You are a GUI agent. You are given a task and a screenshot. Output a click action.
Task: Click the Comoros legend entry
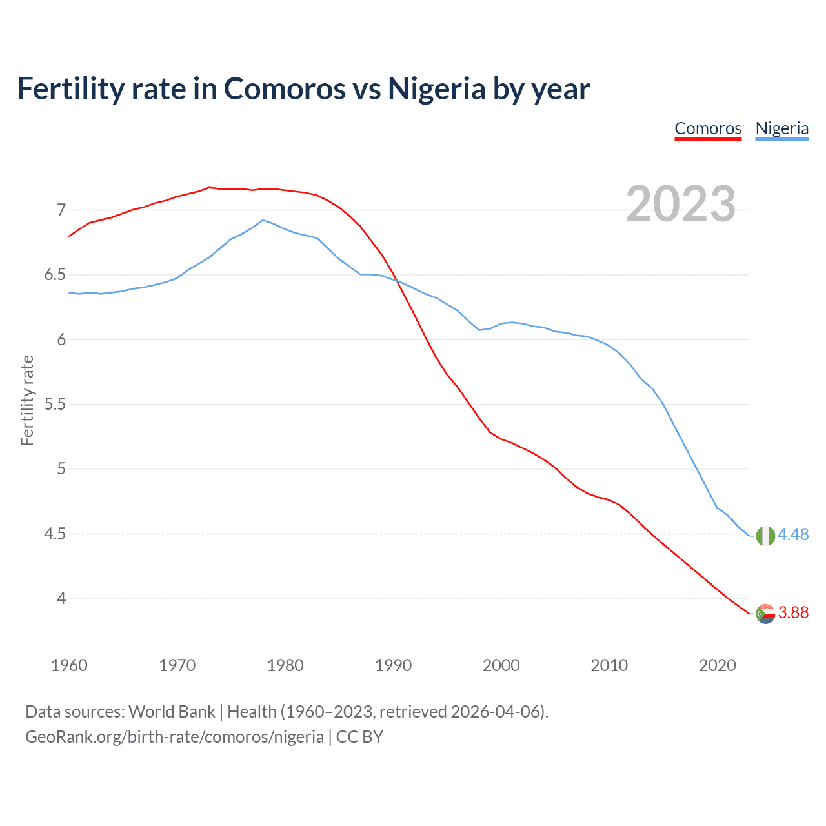(x=708, y=128)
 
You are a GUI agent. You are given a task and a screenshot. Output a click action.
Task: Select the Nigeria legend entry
(x=781, y=128)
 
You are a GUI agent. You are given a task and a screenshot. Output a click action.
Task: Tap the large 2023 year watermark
(x=681, y=204)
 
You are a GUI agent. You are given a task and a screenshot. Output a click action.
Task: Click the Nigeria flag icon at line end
(x=765, y=536)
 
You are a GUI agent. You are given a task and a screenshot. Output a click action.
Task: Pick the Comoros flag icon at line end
(x=765, y=614)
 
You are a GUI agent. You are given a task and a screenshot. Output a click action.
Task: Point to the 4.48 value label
(x=793, y=534)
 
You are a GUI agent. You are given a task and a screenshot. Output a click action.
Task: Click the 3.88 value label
(x=793, y=612)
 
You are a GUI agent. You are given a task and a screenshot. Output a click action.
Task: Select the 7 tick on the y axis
(x=61, y=210)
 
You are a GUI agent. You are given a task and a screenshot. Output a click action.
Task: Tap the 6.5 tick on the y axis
(x=55, y=275)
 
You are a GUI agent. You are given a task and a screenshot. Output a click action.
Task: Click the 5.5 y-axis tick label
(x=55, y=405)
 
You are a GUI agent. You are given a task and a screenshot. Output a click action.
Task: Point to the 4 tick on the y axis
(x=61, y=599)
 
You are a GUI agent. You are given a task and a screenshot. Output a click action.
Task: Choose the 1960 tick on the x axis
(x=69, y=665)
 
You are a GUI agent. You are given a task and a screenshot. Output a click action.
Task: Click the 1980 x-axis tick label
(x=285, y=665)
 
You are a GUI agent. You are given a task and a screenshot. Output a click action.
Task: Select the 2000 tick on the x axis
(x=501, y=665)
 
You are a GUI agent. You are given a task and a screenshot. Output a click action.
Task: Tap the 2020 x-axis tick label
(x=717, y=665)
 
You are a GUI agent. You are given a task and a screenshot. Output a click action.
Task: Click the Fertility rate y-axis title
(x=27, y=400)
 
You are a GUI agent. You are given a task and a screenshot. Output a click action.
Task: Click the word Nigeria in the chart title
(x=436, y=88)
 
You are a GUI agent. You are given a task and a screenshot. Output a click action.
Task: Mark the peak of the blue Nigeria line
(x=263, y=220)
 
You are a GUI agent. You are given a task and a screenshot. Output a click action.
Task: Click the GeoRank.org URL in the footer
(x=174, y=737)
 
